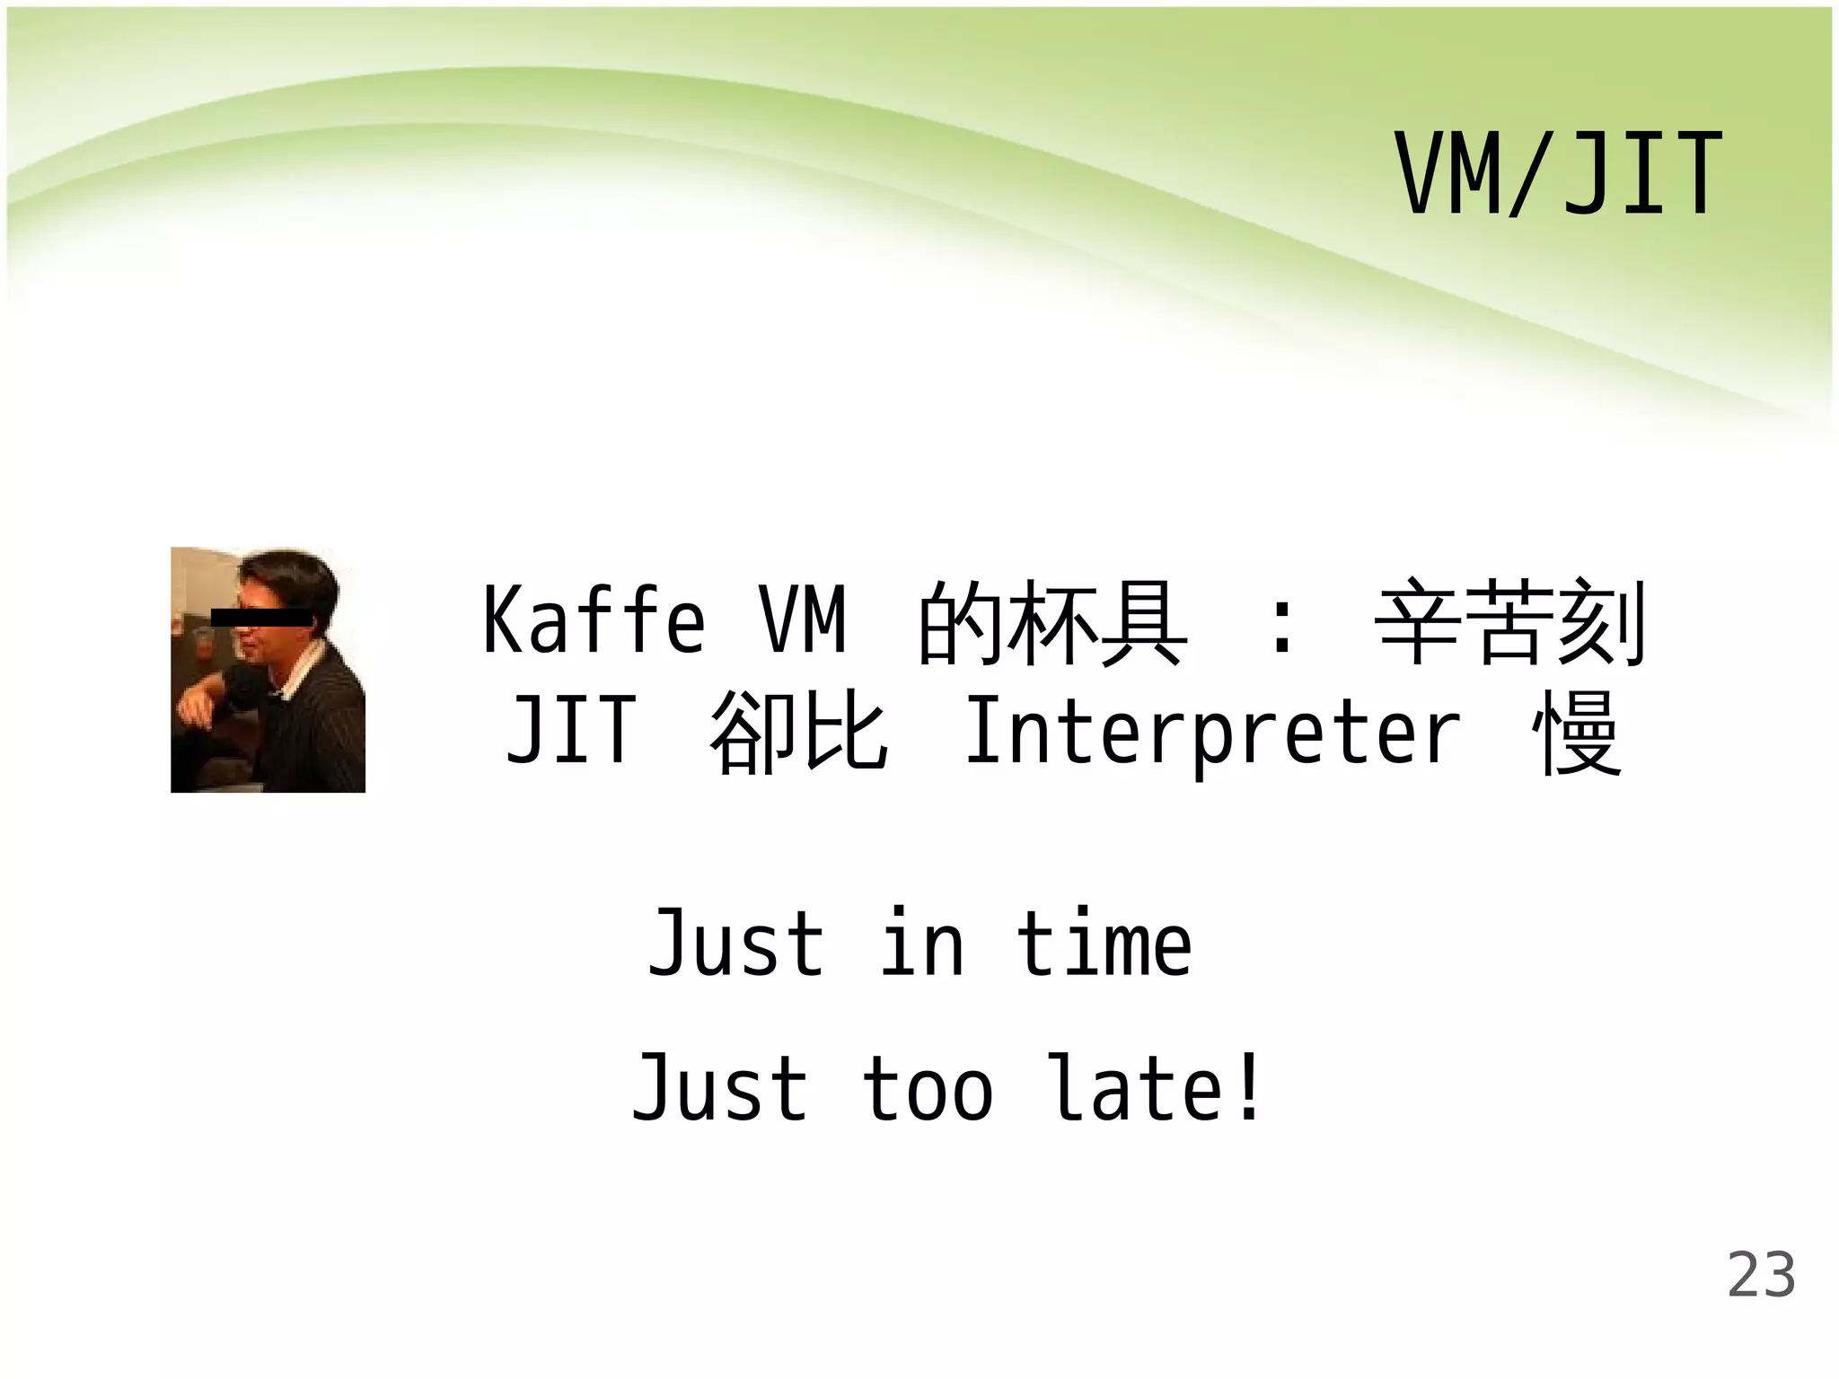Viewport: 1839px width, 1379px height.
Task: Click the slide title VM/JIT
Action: (1558, 174)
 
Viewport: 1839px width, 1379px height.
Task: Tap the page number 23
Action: (1761, 1276)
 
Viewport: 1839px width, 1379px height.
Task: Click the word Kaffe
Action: (594, 620)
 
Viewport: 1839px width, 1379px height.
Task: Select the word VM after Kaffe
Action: (803, 620)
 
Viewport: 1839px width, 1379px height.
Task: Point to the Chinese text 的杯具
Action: (1051, 622)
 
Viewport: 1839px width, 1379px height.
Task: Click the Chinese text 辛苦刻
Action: (1511, 622)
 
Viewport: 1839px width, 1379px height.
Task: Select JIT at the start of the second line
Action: (571, 733)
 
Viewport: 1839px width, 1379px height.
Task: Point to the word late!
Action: (1157, 1088)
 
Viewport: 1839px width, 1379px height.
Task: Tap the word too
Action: (928, 1090)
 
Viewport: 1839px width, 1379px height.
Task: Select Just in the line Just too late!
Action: (720, 1088)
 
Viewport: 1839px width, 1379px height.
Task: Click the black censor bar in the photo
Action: (260, 617)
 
